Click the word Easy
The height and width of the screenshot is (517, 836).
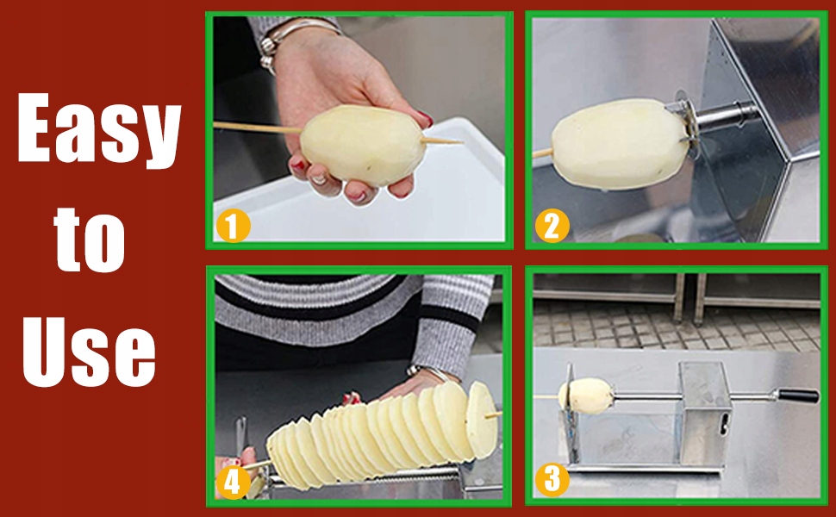pos(99,129)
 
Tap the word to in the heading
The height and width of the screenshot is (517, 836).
pos(90,238)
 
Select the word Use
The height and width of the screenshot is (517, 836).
pos(89,351)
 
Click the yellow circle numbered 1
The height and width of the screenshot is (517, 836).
pos(233,226)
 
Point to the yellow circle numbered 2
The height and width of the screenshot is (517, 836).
pos(552,226)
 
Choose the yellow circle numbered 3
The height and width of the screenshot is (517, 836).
pos(552,479)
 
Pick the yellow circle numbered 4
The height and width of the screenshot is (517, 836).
pos(233,483)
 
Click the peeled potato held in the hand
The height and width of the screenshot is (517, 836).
pos(363,145)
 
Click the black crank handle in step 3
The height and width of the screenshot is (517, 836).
pos(798,396)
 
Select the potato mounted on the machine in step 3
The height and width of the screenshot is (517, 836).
pos(586,396)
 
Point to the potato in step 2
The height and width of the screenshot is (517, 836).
pos(620,144)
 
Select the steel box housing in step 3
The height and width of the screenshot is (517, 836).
pos(705,413)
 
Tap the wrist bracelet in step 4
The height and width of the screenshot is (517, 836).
pos(433,371)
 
